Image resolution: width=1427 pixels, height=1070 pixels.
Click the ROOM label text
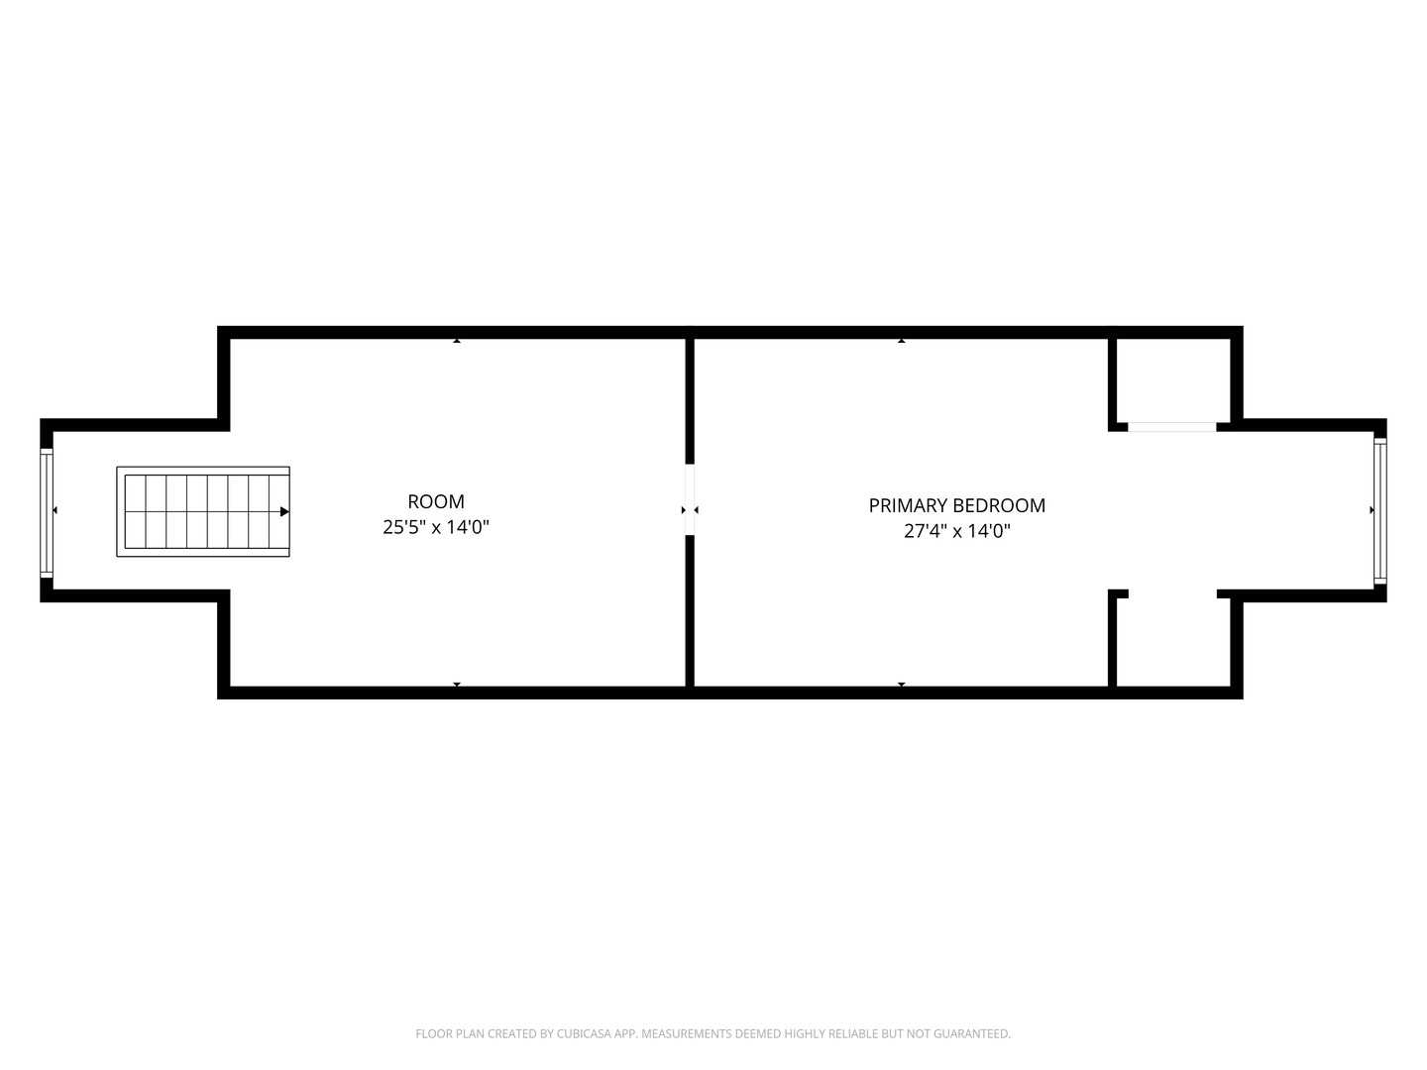pyautogui.click(x=436, y=502)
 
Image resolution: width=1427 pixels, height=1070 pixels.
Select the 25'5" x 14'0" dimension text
pyautogui.click(x=436, y=528)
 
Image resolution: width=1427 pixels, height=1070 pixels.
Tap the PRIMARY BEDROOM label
pyautogui.click(x=956, y=505)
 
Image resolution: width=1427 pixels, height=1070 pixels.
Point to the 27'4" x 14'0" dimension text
pyautogui.click(x=956, y=531)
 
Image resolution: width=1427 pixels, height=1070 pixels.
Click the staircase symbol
pyautogui.click(x=203, y=511)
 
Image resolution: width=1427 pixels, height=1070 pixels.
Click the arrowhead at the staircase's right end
pyautogui.click(x=284, y=511)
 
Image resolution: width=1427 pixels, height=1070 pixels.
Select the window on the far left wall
pyautogui.click(x=46, y=511)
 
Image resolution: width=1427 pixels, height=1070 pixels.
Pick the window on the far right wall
pyautogui.click(x=1379, y=511)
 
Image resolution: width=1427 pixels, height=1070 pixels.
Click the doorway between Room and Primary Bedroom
pyautogui.click(x=690, y=500)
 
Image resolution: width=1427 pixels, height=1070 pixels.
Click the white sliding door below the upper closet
pyautogui.click(x=1172, y=427)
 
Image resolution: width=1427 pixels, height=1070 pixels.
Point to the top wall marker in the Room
pyautogui.click(x=457, y=341)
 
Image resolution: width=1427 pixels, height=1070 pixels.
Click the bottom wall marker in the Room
pyautogui.click(x=457, y=684)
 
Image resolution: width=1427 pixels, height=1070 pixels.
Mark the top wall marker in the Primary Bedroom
pyautogui.click(x=901, y=341)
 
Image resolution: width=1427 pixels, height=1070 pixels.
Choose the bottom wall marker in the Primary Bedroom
pyautogui.click(x=901, y=684)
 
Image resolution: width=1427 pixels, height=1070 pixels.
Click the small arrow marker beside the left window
pyautogui.click(x=55, y=510)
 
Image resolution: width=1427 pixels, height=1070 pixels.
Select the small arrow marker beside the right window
pyautogui.click(x=1372, y=510)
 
